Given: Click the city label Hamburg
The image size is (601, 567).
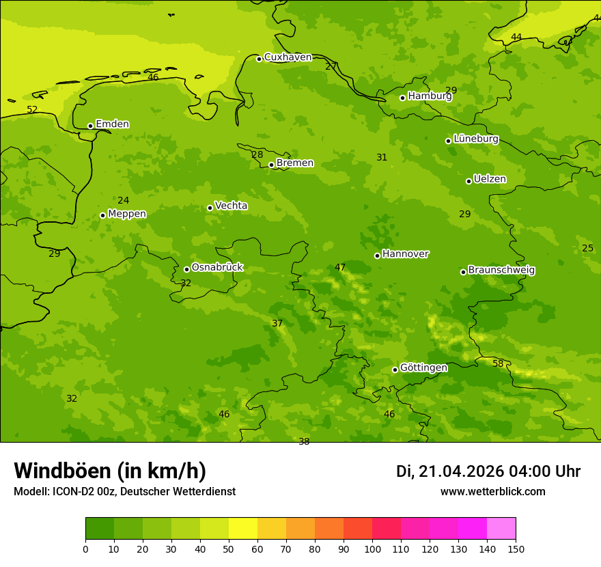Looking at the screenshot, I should (x=430, y=96).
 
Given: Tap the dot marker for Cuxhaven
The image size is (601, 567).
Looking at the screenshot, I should (x=259, y=59).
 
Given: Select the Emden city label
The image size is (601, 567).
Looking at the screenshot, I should (x=112, y=124).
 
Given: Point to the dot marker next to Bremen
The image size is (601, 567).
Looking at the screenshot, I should (x=271, y=165).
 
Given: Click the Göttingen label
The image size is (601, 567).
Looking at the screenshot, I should (x=423, y=368).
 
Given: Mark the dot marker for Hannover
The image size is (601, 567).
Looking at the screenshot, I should (x=377, y=255).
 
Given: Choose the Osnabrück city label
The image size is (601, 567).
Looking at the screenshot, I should (x=216, y=268).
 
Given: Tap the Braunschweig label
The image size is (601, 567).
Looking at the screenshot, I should (x=501, y=271).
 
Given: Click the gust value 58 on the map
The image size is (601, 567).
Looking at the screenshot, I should (x=498, y=364).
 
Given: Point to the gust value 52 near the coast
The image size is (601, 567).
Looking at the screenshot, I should (x=32, y=110).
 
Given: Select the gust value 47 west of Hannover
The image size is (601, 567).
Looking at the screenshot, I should (x=340, y=268).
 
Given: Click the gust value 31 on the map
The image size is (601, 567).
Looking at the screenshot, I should (x=382, y=158).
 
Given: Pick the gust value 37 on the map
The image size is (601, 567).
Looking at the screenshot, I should (x=277, y=324).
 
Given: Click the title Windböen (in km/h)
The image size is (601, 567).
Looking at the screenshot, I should (x=110, y=471).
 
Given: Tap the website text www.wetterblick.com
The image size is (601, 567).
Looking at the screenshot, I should (x=492, y=492).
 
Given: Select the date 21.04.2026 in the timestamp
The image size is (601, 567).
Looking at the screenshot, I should (x=461, y=471).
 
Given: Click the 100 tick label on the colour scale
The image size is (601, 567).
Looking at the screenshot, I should (x=372, y=549).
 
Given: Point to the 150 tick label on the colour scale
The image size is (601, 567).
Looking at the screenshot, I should (x=516, y=549).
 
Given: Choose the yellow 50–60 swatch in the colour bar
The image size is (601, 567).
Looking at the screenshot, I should (x=243, y=529).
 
